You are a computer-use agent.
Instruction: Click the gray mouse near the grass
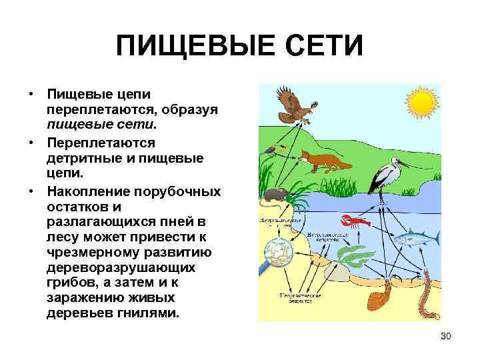274,195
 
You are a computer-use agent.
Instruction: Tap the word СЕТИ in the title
318,47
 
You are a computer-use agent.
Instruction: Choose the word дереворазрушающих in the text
121,267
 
